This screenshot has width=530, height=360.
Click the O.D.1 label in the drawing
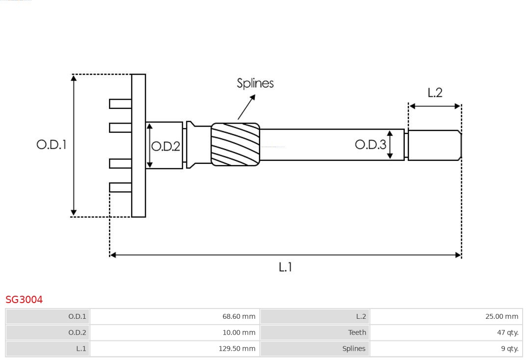(51, 145)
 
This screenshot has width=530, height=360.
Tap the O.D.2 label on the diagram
(166, 146)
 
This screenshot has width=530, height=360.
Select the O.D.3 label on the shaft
(371, 144)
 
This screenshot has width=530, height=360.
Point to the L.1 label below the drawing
(285, 267)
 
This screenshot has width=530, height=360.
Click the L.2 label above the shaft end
(435, 93)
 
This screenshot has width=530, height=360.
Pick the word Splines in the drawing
(255, 83)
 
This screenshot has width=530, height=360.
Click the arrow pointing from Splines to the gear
(247, 107)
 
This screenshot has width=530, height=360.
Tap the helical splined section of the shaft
(235, 144)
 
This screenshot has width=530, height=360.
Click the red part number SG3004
(24, 300)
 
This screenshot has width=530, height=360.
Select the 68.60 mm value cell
(175, 316)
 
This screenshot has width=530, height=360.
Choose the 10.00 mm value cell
(175, 333)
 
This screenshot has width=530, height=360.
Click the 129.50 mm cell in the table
(175, 349)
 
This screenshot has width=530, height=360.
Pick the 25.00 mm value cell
(446, 316)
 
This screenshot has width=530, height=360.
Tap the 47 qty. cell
(446, 333)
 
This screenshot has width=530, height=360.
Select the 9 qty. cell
(446, 349)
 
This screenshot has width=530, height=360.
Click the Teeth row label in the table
(315, 333)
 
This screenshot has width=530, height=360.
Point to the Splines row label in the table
(315, 349)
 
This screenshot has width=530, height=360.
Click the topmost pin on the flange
(120, 103)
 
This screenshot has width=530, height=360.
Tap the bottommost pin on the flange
(120, 187)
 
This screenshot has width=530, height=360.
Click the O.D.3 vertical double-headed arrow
(390, 145)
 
